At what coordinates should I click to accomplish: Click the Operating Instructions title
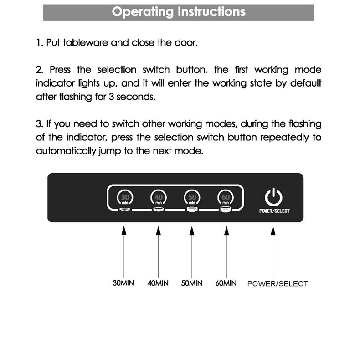(179, 12)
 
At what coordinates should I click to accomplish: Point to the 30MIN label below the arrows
(123, 283)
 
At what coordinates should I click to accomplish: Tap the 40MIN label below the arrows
(158, 283)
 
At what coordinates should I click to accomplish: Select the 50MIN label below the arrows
(192, 283)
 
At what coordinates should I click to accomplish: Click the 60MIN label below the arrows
(226, 283)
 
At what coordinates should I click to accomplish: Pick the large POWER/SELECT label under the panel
(278, 283)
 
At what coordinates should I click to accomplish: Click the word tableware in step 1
(85, 43)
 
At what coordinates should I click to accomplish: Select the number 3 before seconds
(112, 97)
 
